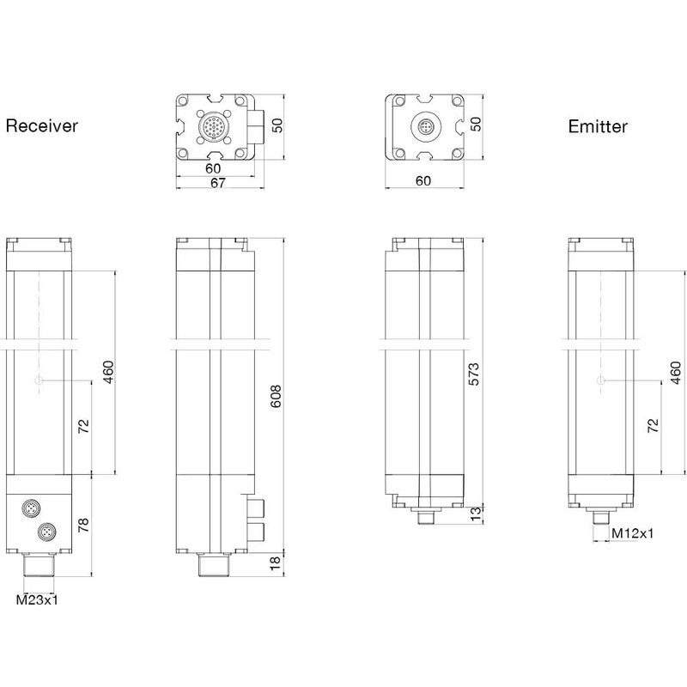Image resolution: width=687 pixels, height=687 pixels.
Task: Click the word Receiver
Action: coord(42,126)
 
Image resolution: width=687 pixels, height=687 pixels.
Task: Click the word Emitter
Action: coord(598,127)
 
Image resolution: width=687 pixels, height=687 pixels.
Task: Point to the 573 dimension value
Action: coord(473,374)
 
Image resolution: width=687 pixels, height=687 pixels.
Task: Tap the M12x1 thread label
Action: coord(632,533)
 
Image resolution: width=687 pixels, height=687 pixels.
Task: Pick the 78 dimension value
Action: coord(84,524)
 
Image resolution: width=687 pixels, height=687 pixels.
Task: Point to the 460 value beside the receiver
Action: coord(108,372)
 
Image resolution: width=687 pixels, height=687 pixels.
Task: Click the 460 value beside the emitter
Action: coord(676,372)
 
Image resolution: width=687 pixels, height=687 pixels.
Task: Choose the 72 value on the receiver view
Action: coord(84,427)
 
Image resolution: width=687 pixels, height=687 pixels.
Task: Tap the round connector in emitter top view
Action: coord(423,129)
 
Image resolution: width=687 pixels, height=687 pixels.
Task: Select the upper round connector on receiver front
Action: coord(28,510)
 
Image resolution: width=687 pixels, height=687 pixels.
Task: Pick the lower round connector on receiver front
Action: coord(44,533)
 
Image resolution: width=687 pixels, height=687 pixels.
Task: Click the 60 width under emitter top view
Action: coord(423,180)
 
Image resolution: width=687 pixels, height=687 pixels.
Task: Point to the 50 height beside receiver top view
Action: coord(277,126)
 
